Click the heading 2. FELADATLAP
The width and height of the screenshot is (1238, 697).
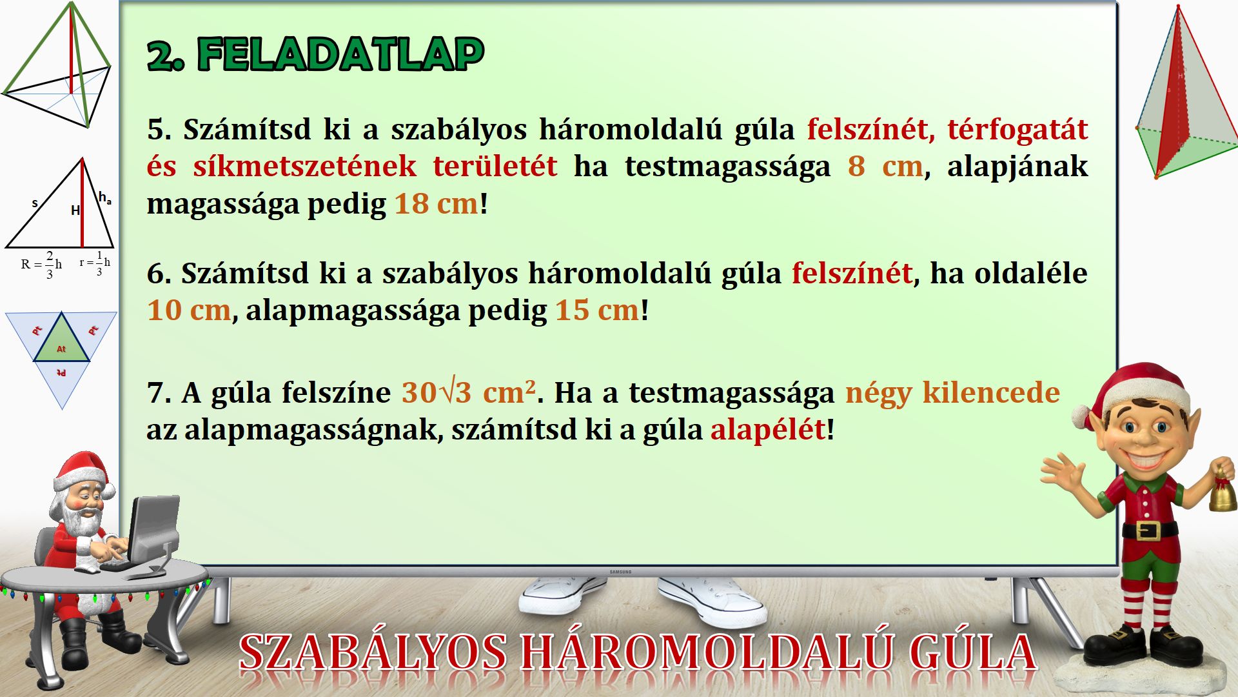coord(315,54)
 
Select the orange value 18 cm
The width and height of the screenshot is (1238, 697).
coord(437,204)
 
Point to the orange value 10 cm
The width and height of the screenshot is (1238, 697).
coord(189,310)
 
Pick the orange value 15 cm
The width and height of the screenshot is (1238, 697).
coord(597,310)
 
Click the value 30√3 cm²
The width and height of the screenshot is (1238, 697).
coord(469,392)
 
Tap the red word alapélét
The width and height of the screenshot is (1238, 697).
coord(768,430)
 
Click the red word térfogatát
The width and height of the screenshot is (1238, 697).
coord(1017,130)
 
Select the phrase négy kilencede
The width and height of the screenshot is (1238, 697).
coord(952,392)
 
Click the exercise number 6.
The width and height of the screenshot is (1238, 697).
coord(157,274)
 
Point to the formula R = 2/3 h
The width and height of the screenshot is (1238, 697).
coord(41,265)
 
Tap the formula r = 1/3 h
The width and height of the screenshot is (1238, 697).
coord(95,263)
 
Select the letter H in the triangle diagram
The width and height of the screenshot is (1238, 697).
coord(75,210)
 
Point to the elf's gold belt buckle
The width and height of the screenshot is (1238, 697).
coord(1148,530)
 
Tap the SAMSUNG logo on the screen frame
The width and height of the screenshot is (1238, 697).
coord(620,572)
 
